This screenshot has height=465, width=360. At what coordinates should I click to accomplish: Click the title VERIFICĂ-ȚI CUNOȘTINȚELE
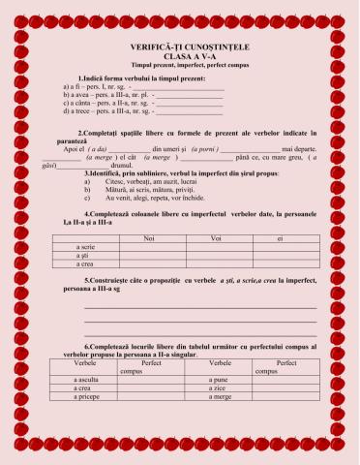181,46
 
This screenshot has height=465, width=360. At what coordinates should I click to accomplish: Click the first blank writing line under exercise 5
200,308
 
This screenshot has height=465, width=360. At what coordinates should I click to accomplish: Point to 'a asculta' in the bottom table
87,380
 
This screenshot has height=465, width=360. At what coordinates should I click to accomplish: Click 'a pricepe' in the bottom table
87,397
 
